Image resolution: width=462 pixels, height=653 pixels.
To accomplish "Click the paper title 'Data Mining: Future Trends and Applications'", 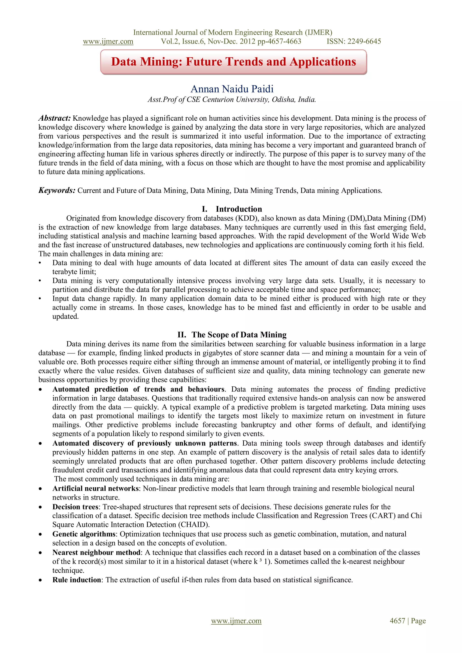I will (233, 62).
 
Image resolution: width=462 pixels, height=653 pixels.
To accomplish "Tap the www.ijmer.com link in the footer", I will (236, 621).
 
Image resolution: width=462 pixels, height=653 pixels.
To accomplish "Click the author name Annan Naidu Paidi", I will (232, 89).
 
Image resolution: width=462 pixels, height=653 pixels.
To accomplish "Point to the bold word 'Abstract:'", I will (55, 118).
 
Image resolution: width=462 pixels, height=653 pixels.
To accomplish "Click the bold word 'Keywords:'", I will (57, 190).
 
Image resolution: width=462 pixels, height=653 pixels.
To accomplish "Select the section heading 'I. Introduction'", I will (232, 209).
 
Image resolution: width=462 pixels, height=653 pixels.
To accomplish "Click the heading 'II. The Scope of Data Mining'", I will (232, 335).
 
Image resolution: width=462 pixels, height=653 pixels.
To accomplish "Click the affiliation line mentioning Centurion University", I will (232, 100).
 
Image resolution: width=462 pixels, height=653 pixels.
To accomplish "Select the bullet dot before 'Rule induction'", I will (41, 580).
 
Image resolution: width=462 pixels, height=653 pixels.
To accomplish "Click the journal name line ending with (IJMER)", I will (233, 32).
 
